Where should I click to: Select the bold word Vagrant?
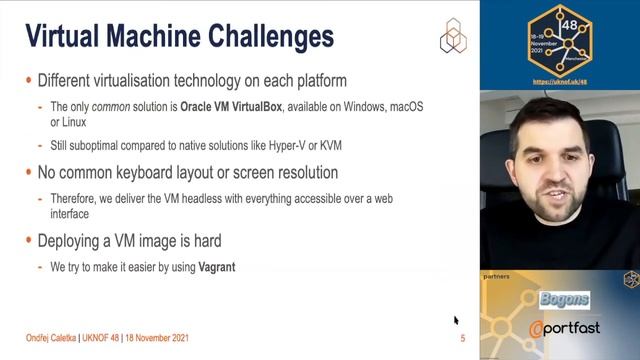tap(217, 268)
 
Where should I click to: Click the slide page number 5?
tap(462, 339)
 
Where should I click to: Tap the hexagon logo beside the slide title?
tap(452, 35)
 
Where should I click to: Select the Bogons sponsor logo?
tap(565, 299)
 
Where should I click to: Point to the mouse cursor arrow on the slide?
tap(456, 321)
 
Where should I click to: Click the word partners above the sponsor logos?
tap(497, 274)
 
